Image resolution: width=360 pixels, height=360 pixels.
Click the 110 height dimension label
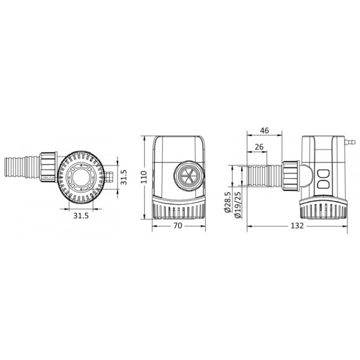tap(144, 177)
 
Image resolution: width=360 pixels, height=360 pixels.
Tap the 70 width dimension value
tap(178, 226)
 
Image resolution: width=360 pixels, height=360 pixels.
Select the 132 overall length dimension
tap(297, 226)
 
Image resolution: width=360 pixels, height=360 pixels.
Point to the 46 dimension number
tap(264, 131)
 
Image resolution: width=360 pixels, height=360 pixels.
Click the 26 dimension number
tap(259, 147)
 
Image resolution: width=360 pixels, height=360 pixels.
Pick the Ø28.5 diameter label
tap(227, 203)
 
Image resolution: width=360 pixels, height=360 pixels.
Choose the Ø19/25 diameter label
tap(238, 205)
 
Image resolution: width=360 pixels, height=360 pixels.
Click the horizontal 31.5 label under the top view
tap(81, 216)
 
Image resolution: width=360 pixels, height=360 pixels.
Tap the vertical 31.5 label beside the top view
tap(124, 177)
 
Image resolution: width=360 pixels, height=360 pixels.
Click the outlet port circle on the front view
tap(189, 176)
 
